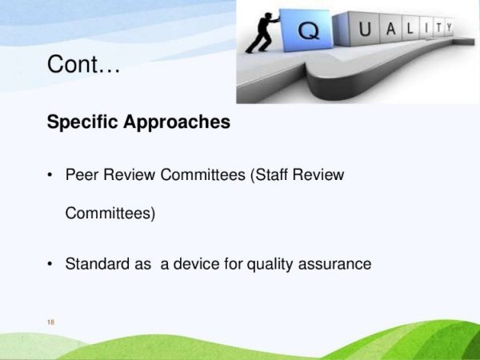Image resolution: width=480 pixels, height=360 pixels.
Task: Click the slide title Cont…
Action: [83, 64]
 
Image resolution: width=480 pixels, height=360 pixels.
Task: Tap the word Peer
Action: [82, 174]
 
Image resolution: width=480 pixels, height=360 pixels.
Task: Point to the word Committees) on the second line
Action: [110, 214]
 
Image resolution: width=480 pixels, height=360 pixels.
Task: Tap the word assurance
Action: [339, 263]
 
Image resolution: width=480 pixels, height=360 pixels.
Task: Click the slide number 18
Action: [51, 322]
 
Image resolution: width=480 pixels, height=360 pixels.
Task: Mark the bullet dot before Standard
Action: [51, 264]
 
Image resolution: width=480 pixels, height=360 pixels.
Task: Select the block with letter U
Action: [365, 31]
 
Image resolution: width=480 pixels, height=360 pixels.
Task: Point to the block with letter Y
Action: [449, 28]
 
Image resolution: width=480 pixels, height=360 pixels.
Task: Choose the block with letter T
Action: [434, 29]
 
